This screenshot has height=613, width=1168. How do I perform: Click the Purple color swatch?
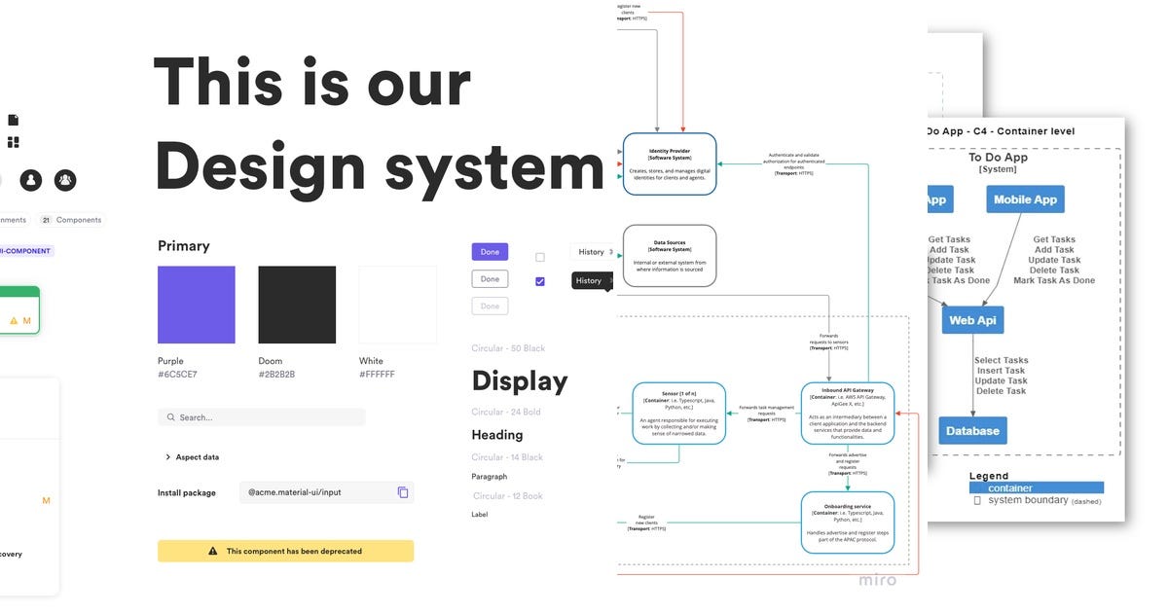[196, 305]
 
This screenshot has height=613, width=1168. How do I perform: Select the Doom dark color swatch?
[297, 305]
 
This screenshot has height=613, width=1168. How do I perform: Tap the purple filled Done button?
[490, 252]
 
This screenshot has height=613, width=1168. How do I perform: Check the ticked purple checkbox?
[540, 282]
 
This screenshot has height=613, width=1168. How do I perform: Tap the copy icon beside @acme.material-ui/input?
[403, 492]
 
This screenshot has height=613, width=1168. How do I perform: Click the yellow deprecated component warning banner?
[285, 551]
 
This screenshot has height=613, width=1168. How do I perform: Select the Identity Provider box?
[670, 163]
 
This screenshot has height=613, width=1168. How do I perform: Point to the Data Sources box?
[670, 255]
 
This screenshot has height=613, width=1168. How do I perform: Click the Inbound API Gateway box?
[848, 413]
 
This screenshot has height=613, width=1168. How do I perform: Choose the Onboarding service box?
[848, 522]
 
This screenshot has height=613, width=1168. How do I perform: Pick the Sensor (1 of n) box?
[679, 413]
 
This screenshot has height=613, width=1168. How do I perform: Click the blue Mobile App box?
[1025, 199]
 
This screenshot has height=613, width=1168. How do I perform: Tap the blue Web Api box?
[972, 320]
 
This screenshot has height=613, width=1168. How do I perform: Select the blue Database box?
[973, 430]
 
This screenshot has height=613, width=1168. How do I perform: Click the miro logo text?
[877, 580]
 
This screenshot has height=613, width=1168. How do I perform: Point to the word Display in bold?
[520, 380]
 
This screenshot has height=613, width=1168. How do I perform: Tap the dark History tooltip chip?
[589, 280]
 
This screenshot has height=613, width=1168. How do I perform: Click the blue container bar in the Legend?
[1037, 488]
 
